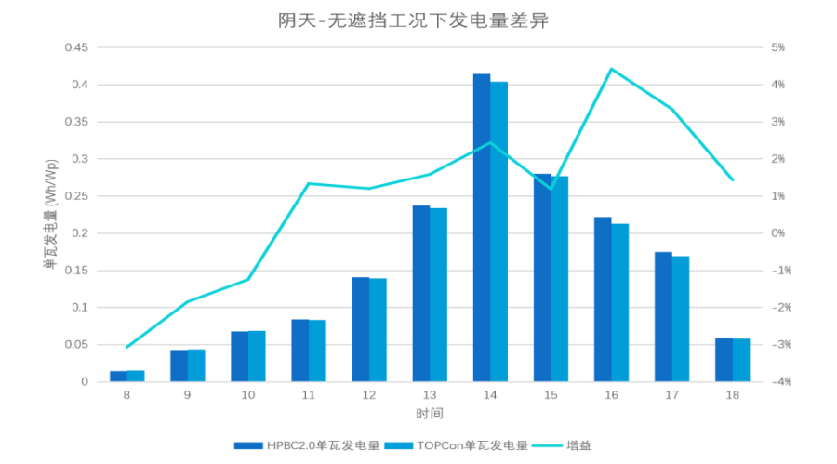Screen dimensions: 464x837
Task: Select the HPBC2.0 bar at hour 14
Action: [x=481, y=228]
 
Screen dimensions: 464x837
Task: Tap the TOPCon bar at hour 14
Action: [x=498, y=232]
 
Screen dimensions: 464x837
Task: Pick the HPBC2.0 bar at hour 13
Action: [x=420, y=294]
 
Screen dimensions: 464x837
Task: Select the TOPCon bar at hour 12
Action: [x=378, y=330]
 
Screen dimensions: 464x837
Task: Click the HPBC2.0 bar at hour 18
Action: [x=724, y=360]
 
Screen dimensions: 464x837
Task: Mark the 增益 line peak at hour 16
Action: [x=611, y=69]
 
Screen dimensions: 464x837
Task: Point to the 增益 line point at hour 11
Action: [x=308, y=183]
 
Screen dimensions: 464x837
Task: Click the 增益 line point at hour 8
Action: [x=126, y=347]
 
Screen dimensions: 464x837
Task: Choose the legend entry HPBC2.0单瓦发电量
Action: [x=307, y=445]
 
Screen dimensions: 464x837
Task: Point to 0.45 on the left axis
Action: [x=76, y=47]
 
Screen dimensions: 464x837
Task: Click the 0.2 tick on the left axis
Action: [x=80, y=233]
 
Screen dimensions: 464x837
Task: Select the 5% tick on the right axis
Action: [x=777, y=47]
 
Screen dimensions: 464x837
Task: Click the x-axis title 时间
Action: [x=429, y=412]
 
